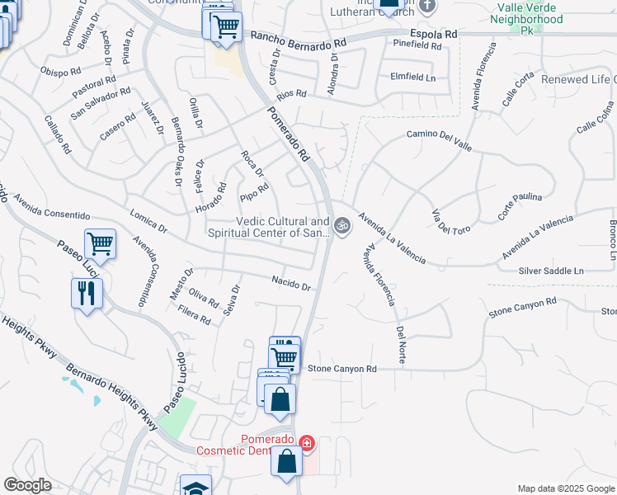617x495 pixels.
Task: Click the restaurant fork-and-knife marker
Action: click(87, 293)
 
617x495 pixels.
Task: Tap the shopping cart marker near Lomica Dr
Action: click(100, 245)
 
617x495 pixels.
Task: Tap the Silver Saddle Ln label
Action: click(550, 271)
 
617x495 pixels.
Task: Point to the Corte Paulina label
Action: click(520, 206)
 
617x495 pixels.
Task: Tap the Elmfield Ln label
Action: click(412, 77)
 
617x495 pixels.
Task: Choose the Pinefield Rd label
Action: click(417, 45)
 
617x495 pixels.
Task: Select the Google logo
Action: click(27, 485)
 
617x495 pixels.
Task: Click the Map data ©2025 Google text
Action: click(565, 488)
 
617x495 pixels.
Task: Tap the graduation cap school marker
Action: click(196, 487)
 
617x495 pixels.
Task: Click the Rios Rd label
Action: click(291, 94)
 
